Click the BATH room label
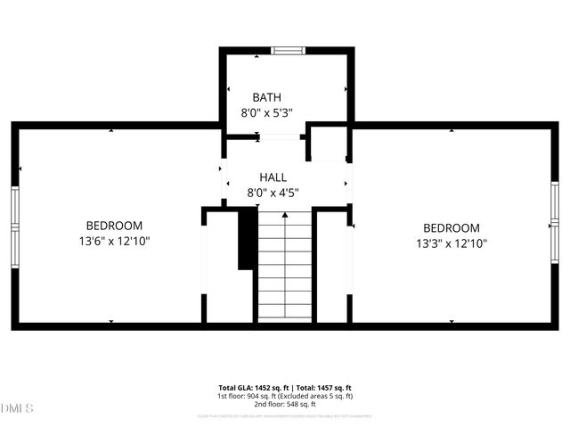point(267,97)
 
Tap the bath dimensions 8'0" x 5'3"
point(267,113)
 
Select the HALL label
point(273,177)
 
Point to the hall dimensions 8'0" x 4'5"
point(273,193)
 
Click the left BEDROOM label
point(113,226)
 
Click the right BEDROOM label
point(451,228)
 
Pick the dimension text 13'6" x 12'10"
point(113,242)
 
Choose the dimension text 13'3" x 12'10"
point(451,243)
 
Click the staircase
point(285,267)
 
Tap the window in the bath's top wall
point(287,51)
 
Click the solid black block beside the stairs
point(247,239)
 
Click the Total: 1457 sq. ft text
point(324,389)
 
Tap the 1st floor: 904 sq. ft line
point(285,397)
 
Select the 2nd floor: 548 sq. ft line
point(285,405)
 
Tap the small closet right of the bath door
point(329,144)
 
